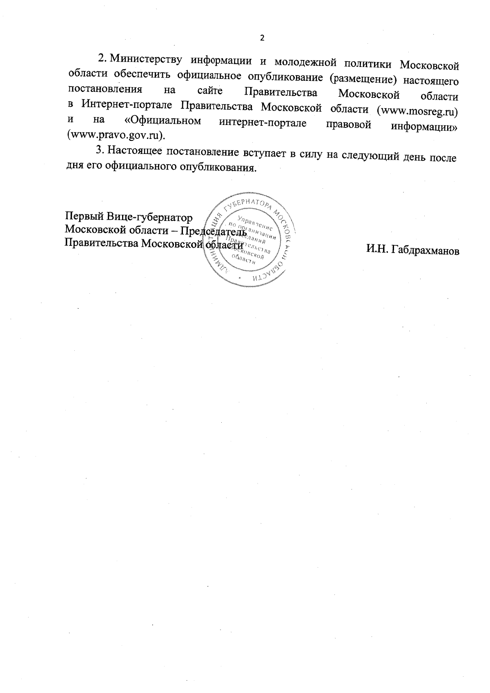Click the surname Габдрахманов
click(425, 251)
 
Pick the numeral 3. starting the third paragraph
click(100, 150)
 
